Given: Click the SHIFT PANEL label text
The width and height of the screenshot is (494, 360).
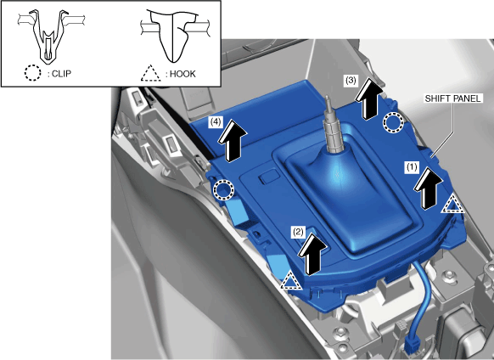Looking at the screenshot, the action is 452,98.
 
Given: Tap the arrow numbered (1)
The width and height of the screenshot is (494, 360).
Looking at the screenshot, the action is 428,188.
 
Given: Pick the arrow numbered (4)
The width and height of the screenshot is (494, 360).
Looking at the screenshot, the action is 233,141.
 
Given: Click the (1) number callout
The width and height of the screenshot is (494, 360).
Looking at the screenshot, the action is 412,166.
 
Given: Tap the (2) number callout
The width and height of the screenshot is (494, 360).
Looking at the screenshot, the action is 298,232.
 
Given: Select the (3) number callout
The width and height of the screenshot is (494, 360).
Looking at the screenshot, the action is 351,81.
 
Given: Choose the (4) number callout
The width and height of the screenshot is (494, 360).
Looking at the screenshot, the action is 216,121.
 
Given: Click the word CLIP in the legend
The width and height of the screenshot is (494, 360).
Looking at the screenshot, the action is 61,74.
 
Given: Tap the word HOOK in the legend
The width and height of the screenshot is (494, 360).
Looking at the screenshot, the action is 182,74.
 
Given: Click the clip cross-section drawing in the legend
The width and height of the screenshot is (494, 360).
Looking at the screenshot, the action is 50,35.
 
